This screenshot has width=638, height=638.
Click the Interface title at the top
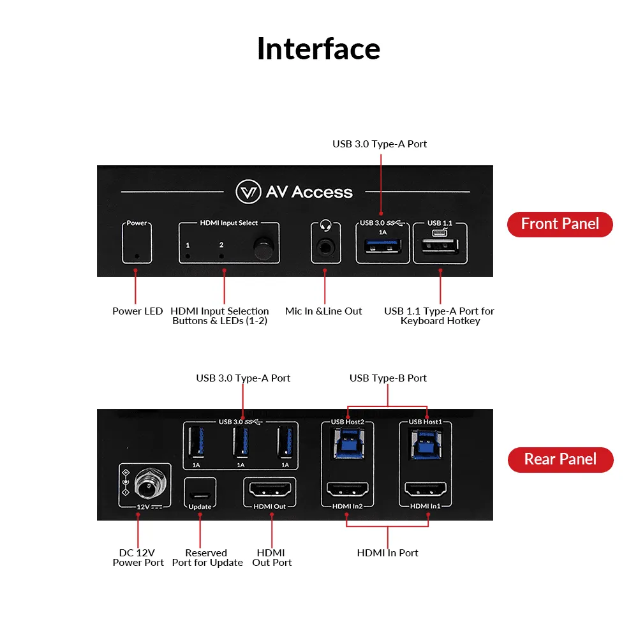318,49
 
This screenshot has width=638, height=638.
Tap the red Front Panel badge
560,224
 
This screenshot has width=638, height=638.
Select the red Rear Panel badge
560,459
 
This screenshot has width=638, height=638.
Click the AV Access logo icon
248,192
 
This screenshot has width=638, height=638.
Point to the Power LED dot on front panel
137,258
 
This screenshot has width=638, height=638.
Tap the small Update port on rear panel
200,494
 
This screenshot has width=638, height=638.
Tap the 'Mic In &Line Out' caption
323,311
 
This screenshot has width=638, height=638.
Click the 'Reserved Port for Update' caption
207,558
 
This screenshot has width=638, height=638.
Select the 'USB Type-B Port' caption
388,378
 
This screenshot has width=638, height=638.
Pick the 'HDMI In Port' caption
387,553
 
